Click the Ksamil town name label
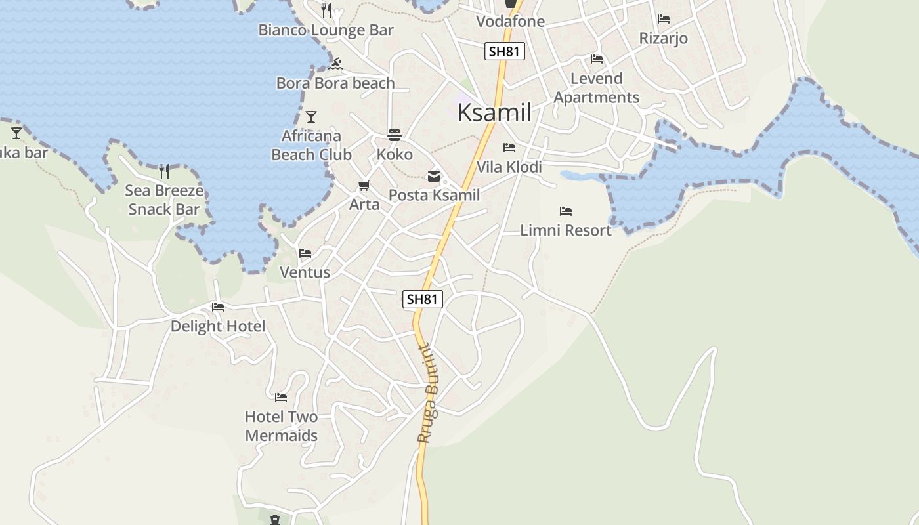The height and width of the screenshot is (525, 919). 494,112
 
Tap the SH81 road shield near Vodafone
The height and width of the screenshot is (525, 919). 505,51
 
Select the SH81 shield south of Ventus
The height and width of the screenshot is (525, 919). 422,299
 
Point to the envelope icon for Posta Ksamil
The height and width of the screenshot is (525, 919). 434,176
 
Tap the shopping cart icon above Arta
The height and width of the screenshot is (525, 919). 364,186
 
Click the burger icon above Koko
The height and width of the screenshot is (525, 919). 395,135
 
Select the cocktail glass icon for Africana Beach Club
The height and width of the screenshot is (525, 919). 311,117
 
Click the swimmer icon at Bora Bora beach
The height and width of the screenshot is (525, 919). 335,64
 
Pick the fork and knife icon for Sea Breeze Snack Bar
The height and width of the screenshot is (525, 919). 164,171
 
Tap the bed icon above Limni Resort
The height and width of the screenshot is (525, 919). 566,211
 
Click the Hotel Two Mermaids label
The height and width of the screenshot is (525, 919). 281,426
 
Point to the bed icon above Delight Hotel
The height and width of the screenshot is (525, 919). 218,307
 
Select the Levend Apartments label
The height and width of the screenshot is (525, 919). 596,88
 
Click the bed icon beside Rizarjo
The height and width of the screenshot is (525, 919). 664,19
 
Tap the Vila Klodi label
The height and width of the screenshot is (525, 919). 509,167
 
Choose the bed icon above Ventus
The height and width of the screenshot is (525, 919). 305,253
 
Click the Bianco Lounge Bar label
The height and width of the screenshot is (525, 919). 326,30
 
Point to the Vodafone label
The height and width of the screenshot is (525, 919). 510,21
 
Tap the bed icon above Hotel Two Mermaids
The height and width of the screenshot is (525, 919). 281,398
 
